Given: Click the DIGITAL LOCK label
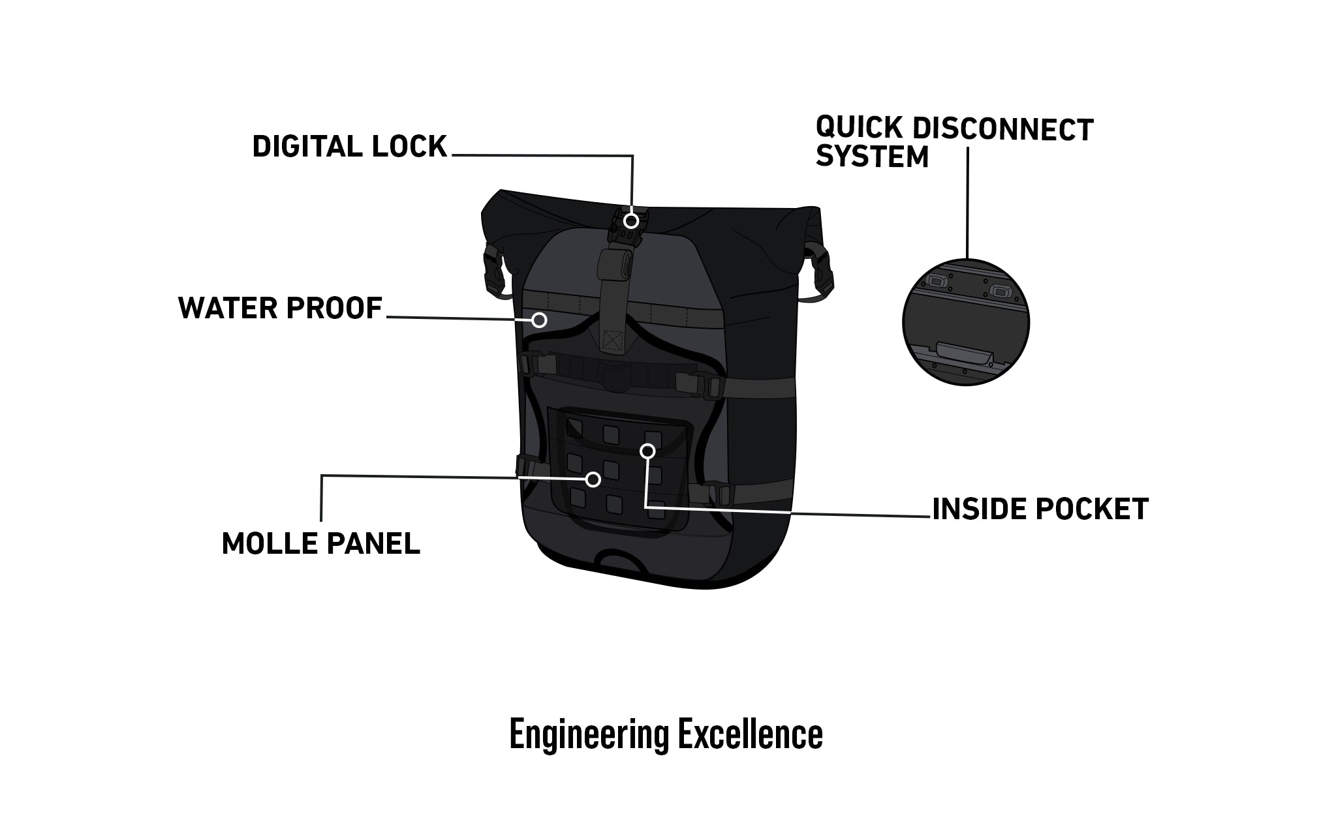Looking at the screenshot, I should [x=349, y=147].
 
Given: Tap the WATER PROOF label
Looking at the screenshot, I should [x=280, y=308].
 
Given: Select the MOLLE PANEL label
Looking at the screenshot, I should [x=320, y=543].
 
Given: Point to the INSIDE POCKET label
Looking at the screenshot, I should [x=1040, y=509].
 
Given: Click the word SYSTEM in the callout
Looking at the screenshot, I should [x=872, y=157].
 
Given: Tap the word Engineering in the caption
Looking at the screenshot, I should [x=589, y=734].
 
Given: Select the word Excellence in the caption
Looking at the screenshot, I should [x=750, y=734].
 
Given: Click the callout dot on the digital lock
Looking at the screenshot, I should [x=630, y=220].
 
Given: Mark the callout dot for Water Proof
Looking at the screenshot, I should [x=539, y=320].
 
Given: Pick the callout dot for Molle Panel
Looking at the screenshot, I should [x=593, y=479].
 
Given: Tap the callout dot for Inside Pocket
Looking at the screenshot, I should [x=647, y=451].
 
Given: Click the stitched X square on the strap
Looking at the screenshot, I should [x=612, y=340].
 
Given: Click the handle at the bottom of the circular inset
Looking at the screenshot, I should [x=963, y=352].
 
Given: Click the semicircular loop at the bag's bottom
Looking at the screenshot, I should [x=619, y=562].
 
